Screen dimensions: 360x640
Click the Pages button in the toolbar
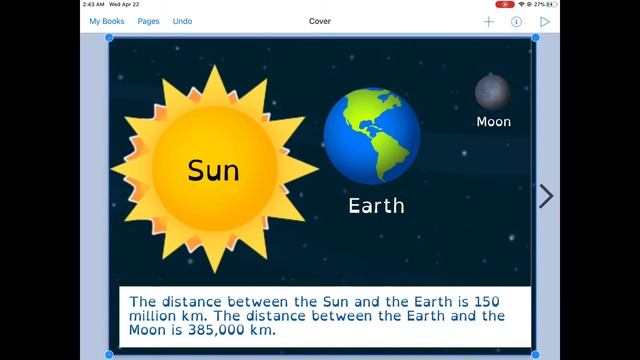148,21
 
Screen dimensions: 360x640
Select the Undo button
182,21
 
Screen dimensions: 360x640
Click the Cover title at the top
320,21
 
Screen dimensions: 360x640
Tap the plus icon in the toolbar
489,21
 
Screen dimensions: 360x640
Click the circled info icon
517,21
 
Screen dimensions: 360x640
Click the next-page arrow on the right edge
546,196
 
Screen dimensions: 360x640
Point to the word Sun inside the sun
213,170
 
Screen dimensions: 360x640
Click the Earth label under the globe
376,206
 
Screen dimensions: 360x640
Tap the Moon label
493,122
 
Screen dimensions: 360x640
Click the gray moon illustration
492,92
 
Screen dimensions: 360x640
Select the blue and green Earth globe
372,136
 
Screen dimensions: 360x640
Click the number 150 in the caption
486,301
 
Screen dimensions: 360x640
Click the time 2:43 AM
93,4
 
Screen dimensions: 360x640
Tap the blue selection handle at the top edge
535,38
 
